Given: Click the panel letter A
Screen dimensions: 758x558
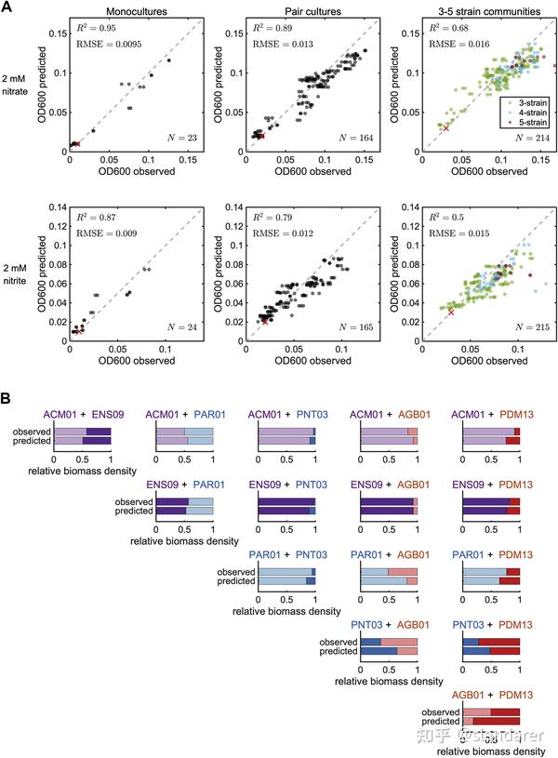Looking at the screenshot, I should [8, 8].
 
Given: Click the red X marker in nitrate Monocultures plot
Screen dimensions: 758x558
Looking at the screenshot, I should [77, 143].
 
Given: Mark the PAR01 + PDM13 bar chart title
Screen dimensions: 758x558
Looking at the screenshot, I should [486, 554].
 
